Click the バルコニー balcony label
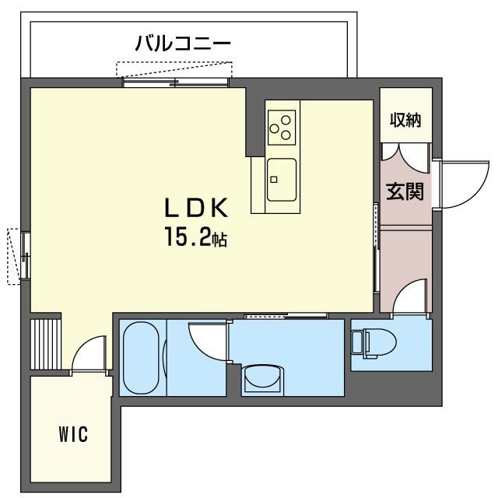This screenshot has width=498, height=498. pyautogui.click(x=183, y=44)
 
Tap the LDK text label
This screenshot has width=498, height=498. pyautogui.click(x=196, y=208)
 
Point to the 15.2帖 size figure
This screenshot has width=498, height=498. pyautogui.click(x=195, y=237)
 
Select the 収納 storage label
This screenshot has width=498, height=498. pyautogui.click(x=405, y=120)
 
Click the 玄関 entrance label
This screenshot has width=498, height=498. pyautogui.click(x=405, y=191)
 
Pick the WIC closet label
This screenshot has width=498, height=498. pyautogui.click(x=73, y=434)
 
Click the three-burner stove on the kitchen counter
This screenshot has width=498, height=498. pyautogui.click(x=282, y=128)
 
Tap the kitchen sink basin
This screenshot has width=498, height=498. pyautogui.click(x=282, y=180)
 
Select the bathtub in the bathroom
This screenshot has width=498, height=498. pyautogui.click(x=141, y=358)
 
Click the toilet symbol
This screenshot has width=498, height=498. pyautogui.click(x=373, y=343)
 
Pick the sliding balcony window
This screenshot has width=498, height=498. pyautogui.click(x=175, y=83)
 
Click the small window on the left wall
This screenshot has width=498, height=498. pyautogui.click(x=26, y=256)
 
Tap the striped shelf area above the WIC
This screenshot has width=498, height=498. pyautogui.click(x=46, y=344)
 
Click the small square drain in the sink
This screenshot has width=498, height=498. pyautogui.click(x=273, y=180)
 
